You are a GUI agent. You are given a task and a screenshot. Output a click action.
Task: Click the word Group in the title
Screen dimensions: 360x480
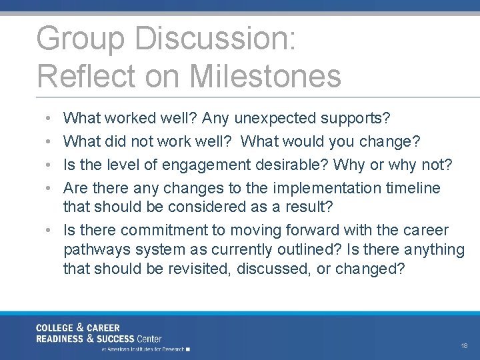(80, 39)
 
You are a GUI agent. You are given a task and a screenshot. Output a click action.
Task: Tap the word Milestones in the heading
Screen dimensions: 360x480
(265, 76)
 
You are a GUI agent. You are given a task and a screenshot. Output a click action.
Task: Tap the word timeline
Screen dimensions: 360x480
(413, 188)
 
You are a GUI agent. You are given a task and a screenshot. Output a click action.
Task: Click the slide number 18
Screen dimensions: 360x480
(464, 346)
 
